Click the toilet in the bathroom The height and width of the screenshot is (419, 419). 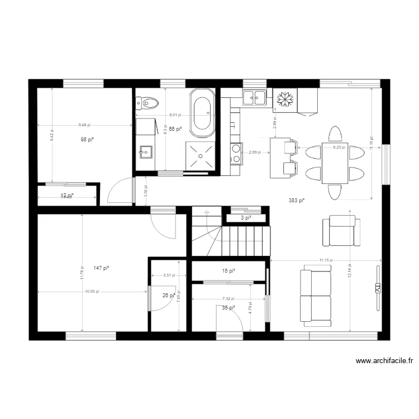tap(148, 102)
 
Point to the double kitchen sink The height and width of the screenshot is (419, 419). tap(254, 97)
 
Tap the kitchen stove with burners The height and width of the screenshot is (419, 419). tap(236, 154)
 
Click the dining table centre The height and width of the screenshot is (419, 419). tap(335, 163)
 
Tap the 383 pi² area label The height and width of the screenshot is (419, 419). tap(297, 200)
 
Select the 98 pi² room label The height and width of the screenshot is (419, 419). tap(87, 139)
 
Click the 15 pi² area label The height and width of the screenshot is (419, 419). tap(228, 271)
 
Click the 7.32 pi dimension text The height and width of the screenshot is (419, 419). tap(227, 299)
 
